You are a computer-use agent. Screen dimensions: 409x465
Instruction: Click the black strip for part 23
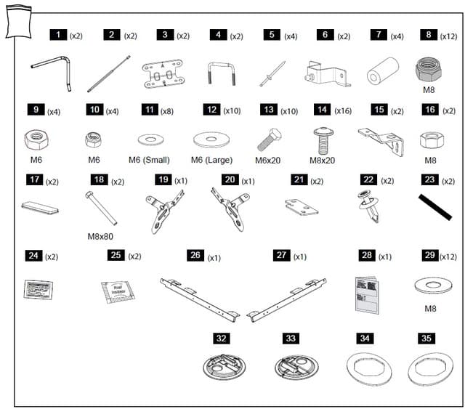click(x=437, y=206)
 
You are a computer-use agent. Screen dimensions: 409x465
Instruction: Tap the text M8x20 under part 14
click(x=323, y=160)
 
